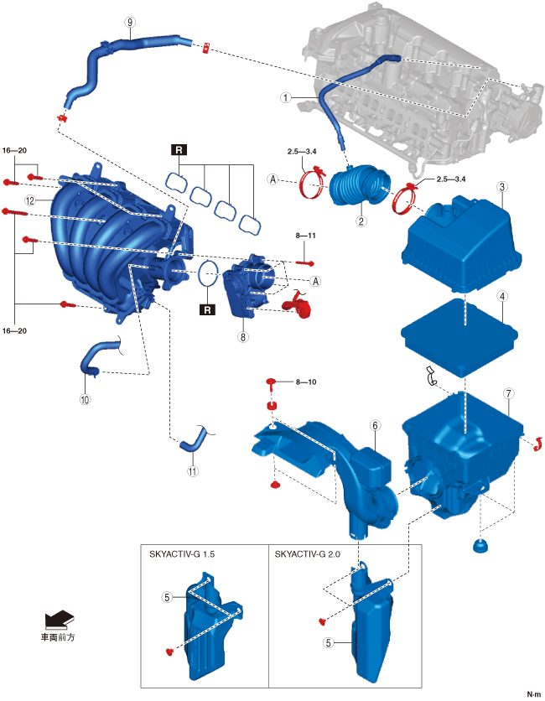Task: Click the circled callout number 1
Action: pos(286,97)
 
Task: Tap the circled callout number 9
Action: pos(129,23)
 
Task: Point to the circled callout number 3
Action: pos(501,296)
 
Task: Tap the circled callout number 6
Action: pos(376,426)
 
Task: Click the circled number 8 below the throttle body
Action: pos(243,337)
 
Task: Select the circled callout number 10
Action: pos(85,400)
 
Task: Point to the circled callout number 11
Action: pos(192,471)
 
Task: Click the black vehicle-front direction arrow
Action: pos(60,620)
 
